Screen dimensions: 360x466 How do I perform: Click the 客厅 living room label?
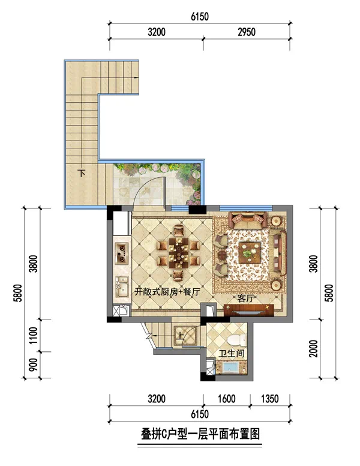[x=246, y=298]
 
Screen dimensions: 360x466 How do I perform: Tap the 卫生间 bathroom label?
[x=232, y=353]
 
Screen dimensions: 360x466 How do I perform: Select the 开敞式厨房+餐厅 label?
[x=167, y=292]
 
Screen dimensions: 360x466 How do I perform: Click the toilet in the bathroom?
[x=236, y=340]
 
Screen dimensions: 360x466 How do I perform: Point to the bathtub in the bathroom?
[x=232, y=368]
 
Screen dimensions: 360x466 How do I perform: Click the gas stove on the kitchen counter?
[x=122, y=253]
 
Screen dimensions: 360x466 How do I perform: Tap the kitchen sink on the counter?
[x=122, y=287]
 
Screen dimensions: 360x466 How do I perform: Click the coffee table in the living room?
[x=250, y=253]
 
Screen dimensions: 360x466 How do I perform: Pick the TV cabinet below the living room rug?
[x=249, y=310]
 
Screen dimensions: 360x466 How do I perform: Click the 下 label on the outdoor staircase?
[x=82, y=173]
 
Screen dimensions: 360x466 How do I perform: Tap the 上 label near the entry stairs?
[x=180, y=336]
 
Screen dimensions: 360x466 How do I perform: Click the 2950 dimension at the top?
[x=247, y=32]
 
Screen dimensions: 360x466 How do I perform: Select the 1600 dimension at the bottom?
[x=227, y=399]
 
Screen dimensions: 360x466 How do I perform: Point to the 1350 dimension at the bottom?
[x=270, y=399]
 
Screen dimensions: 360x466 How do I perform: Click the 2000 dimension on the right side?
[x=314, y=349]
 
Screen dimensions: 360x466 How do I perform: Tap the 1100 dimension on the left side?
[x=34, y=336]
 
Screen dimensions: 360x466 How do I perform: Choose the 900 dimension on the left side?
[x=34, y=365]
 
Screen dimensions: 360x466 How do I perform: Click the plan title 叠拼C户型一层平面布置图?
[x=200, y=434]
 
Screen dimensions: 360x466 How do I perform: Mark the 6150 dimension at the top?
[x=200, y=17]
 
